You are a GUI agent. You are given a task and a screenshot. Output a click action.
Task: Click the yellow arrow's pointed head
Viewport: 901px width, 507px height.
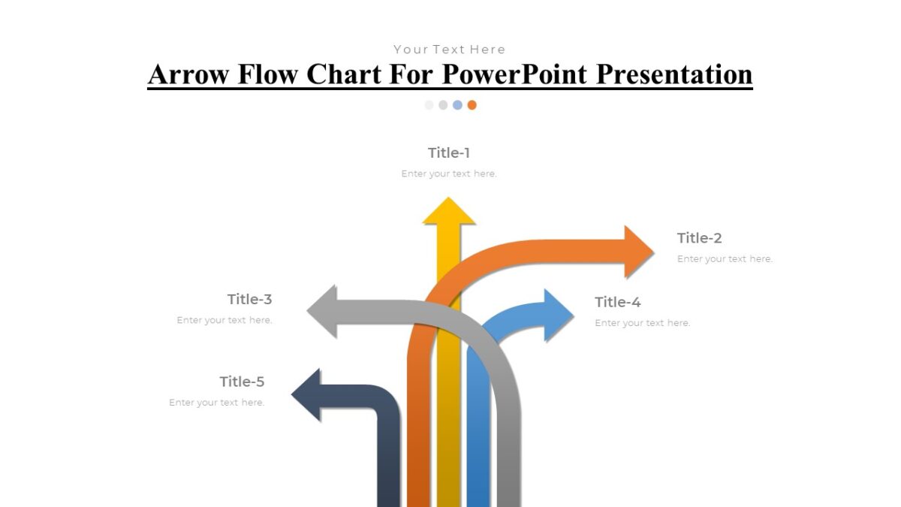tap(449, 212)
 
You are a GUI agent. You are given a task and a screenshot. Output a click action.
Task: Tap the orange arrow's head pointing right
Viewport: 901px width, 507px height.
tap(639, 251)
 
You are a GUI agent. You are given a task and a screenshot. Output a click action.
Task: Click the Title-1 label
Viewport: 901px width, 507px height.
tap(449, 152)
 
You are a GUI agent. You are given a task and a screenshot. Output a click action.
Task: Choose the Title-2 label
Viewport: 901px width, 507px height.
tap(699, 238)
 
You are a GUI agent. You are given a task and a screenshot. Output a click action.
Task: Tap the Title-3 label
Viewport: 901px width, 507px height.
tap(249, 299)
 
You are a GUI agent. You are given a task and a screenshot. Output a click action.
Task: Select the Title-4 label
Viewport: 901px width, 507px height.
tap(617, 302)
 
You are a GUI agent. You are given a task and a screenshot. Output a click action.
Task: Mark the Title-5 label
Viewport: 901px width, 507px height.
tap(242, 382)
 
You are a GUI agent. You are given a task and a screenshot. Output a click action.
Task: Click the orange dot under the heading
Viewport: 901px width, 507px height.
tap(472, 105)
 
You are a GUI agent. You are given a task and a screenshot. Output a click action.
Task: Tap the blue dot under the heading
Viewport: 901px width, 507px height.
tap(457, 105)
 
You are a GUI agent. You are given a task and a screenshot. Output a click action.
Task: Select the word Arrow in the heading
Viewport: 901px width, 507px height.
tap(188, 74)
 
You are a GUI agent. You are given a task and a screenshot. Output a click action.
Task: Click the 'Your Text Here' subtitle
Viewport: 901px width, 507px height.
tap(450, 50)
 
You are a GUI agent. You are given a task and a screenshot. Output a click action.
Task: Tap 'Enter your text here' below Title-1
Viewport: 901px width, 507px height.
tap(449, 174)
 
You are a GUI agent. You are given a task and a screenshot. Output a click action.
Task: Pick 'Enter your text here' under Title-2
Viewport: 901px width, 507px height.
tap(725, 259)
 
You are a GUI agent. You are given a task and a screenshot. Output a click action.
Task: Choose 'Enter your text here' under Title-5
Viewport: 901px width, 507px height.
tap(216, 403)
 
